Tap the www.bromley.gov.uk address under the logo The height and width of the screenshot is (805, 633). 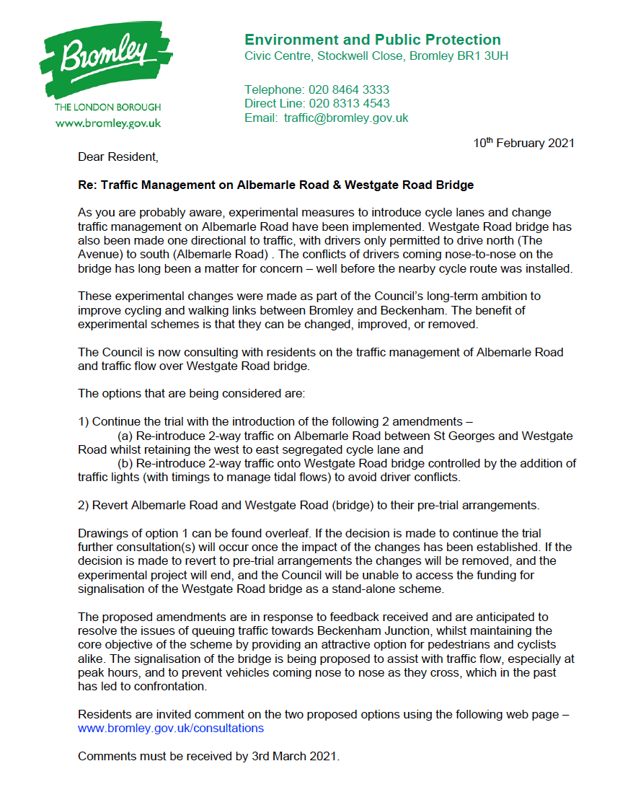(x=108, y=123)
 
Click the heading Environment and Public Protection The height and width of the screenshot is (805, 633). (x=372, y=40)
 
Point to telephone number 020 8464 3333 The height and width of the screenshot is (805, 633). (x=349, y=90)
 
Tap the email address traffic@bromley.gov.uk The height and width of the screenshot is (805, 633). (x=346, y=118)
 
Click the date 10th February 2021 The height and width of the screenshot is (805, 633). (x=523, y=143)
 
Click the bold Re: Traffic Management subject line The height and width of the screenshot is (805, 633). (x=275, y=185)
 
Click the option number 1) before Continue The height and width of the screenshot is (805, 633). (x=84, y=422)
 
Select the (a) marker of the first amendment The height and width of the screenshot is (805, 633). (x=125, y=436)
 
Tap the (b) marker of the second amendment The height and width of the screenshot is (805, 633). (x=125, y=463)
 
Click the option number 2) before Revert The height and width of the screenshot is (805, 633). (x=84, y=504)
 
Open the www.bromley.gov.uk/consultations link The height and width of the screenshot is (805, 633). (x=171, y=728)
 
